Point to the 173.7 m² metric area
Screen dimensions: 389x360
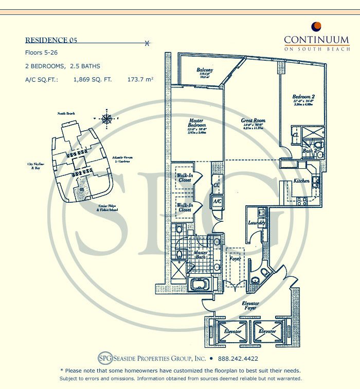[x=140, y=79]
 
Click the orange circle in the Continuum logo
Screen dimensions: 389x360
[x=317, y=27]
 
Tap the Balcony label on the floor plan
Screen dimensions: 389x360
[x=205, y=70]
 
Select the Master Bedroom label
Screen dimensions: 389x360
[x=197, y=123]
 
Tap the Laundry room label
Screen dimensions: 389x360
[x=256, y=223]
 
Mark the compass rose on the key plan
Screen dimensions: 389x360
[x=107, y=120]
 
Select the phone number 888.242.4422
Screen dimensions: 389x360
[x=238, y=359]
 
